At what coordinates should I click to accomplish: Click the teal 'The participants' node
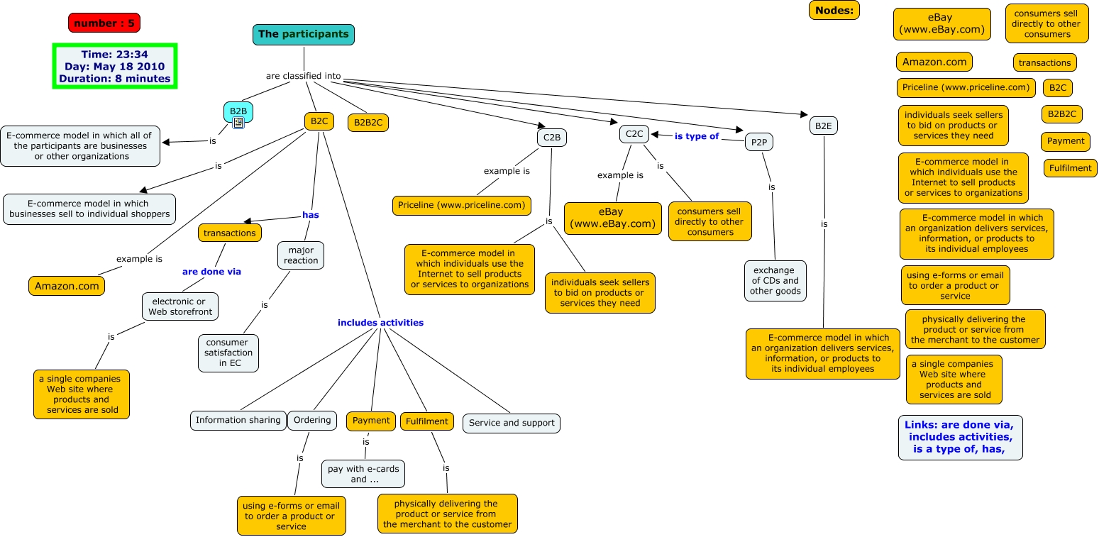tap(303, 34)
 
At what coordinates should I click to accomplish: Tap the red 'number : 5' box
tap(104, 23)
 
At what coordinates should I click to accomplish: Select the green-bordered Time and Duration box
tap(114, 67)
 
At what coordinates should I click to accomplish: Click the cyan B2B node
tap(238, 111)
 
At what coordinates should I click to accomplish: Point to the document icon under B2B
tap(238, 123)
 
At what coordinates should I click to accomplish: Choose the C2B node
tap(551, 136)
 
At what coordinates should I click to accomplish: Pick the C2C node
tap(634, 133)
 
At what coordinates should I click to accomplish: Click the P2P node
tap(758, 142)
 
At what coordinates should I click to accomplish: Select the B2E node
tap(823, 126)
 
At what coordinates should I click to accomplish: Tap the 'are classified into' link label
tap(304, 76)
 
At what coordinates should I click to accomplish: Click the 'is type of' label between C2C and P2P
tap(697, 136)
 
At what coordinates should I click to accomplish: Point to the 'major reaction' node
tap(301, 255)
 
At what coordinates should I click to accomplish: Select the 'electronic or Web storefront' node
tap(180, 306)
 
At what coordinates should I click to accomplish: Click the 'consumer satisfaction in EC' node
tap(228, 353)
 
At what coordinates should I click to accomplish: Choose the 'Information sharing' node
tap(238, 420)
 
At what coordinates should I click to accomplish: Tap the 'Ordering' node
tap(312, 420)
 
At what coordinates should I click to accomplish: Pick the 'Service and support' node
tap(512, 423)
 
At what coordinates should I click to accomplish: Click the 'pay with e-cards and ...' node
tap(363, 474)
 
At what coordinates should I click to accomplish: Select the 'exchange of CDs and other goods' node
tap(775, 281)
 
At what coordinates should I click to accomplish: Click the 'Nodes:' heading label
tap(834, 10)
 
